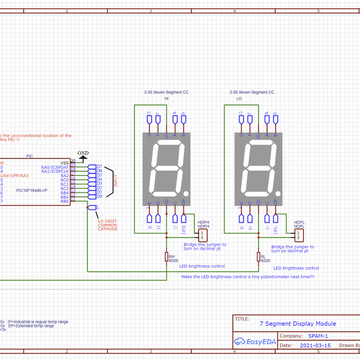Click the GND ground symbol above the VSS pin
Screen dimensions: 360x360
pyautogui.click(x=83, y=156)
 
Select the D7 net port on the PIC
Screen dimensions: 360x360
pyautogui.click(x=92, y=166)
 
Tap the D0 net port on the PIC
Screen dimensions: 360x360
pyautogui.click(x=92, y=196)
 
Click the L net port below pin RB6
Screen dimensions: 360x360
pyautogui.click(x=92, y=208)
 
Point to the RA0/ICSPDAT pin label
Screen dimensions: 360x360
pyautogui.click(x=55, y=166)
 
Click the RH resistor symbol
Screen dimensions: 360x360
pyautogui.click(x=166, y=257)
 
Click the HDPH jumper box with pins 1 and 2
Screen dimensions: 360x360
pyautogui.click(x=204, y=234)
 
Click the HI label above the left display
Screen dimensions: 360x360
pyautogui.click(x=167, y=98)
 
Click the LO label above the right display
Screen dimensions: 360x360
pyautogui.click(x=239, y=98)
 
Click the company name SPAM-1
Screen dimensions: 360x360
pyautogui.click(x=317, y=336)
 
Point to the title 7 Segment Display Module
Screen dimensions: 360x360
pyautogui.click(x=298, y=323)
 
